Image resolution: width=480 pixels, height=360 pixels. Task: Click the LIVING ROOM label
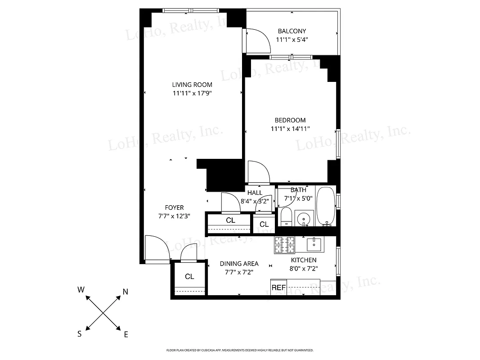pyautogui.click(x=192, y=85)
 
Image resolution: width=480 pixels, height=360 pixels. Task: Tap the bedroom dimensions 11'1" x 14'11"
pyautogui.click(x=290, y=129)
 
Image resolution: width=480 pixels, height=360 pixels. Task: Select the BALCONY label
pyautogui.click(x=292, y=31)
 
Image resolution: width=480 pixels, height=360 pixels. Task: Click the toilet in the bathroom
pyautogui.click(x=286, y=216)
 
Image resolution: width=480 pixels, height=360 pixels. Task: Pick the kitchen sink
pyautogui.click(x=314, y=245)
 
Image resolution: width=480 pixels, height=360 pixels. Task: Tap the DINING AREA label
pyautogui.click(x=239, y=264)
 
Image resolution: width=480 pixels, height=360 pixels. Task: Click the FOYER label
pyautogui.click(x=174, y=207)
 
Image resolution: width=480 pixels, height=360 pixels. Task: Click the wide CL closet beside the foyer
pyautogui.click(x=230, y=220)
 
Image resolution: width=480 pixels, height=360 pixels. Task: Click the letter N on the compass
pyautogui.click(x=126, y=292)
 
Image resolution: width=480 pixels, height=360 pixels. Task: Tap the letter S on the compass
pyautogui.click(x=80, y=333)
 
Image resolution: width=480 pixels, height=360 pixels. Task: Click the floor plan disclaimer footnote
pyautogui.click(x=240, y=350)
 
